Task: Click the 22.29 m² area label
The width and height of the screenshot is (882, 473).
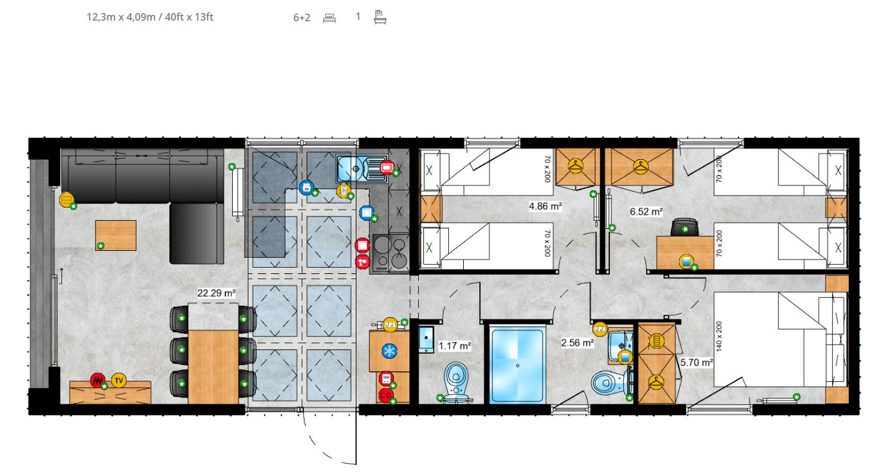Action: pyautogui.click(x=217, y=293)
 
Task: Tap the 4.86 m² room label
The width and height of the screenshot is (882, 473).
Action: pyautogui.click(x=545, y=206)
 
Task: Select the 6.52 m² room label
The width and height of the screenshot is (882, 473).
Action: pyautogui.click(x=646, y=212)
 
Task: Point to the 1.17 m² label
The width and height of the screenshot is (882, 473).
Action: pyautogui.click(x=454, y=345)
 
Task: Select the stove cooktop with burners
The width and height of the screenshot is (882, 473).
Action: pyautogui.click(x=390, y=253)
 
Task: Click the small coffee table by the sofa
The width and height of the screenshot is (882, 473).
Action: pyautogui.click(x=115, y=235)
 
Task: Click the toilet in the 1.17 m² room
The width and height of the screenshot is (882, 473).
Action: pyautogui.click(x=457, y=380)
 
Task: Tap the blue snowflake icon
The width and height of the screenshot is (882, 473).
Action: pyautogui.click(x=390, y=351)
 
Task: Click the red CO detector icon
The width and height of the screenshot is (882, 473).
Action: pyautogui.click(x=385, y=395)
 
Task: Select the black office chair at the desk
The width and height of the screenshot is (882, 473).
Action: pyautogui.click(x=685, y=227)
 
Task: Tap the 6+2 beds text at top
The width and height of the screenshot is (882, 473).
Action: pyautogui.click(x=301, y=17)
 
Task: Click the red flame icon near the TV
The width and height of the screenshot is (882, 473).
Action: pyautogui.click(x=97, y=379)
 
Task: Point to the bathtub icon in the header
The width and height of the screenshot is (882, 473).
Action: pyautogui.click(x=380, y=17)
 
